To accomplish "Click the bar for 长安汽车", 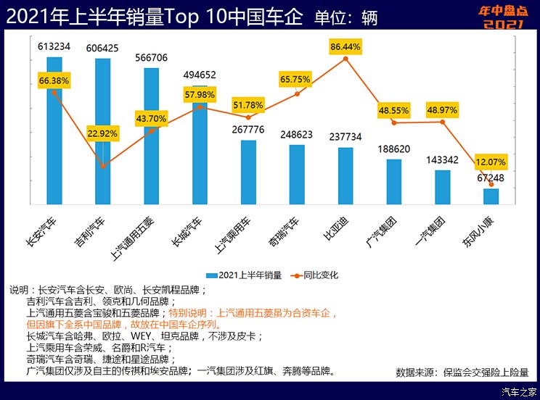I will (54, 145).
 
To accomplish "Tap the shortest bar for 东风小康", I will (491, 196).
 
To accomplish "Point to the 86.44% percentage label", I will (345, 46).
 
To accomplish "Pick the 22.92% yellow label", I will (103, 134).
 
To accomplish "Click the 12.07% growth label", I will (491, 161).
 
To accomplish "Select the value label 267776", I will (248, 130).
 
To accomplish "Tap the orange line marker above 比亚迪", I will (345, 58).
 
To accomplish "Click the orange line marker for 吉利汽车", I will (103, 167).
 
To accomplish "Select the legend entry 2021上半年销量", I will (243, 275).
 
